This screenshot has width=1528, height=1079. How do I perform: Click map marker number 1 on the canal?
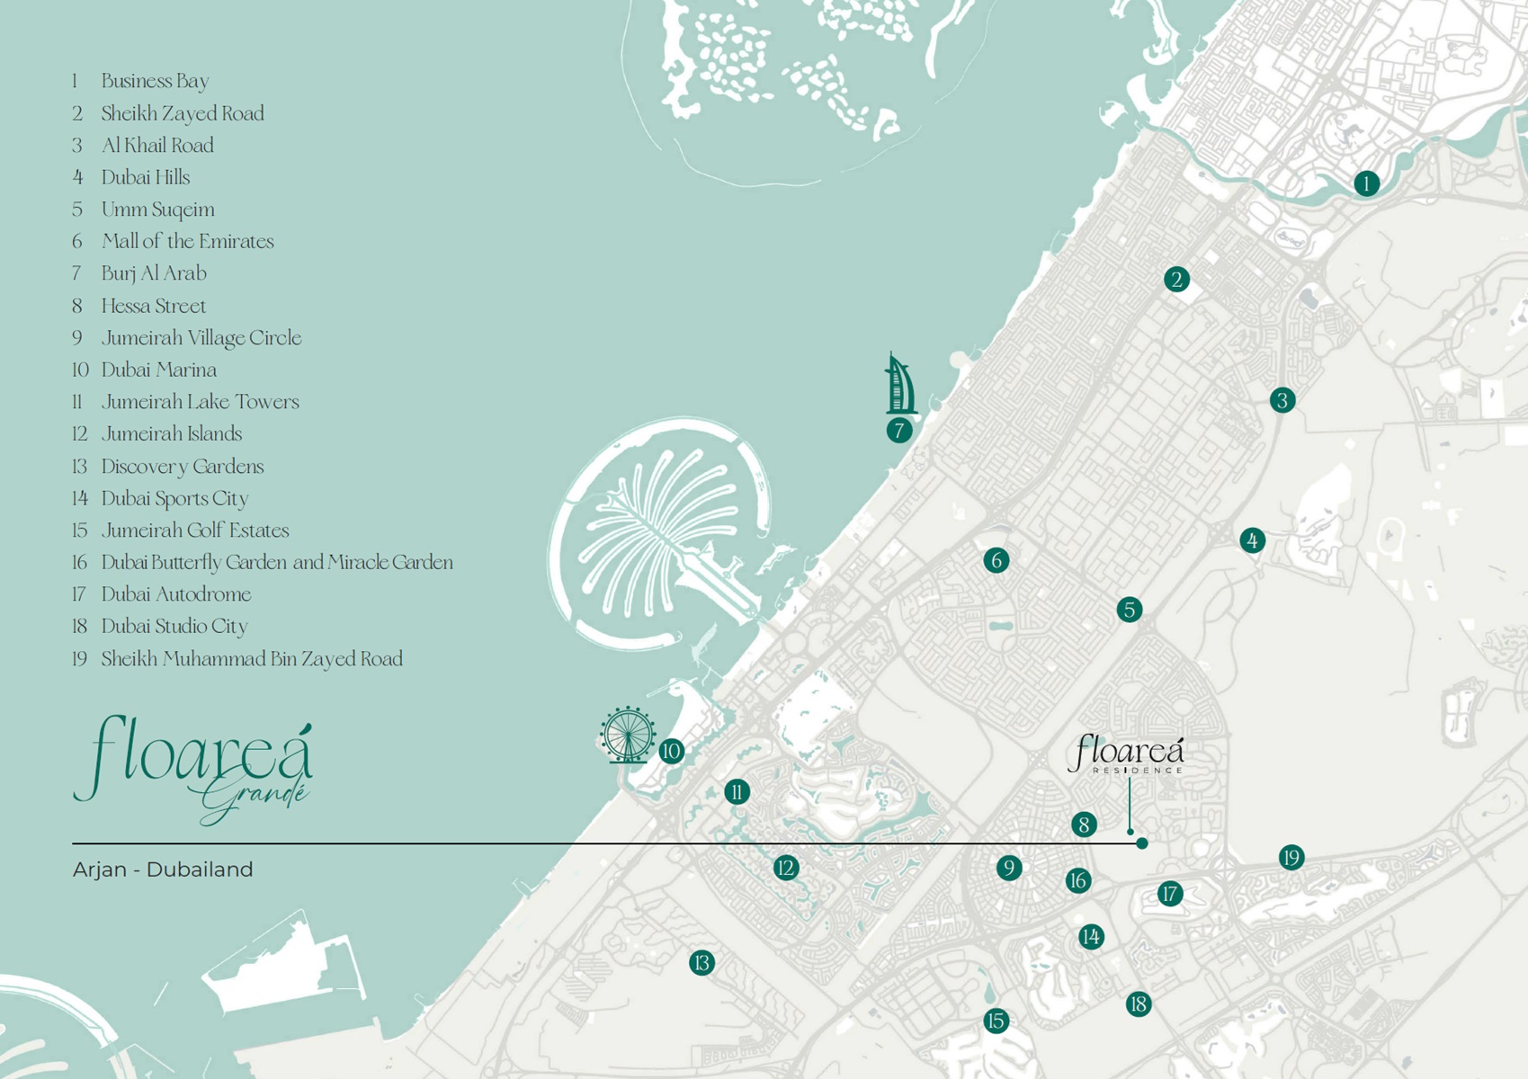[x=1366, y=183]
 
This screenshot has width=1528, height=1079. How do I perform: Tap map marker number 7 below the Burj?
[x=898, y=431]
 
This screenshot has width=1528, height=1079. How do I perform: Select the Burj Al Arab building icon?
[x=900, y=385]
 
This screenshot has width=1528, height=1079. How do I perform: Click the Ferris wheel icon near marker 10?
[x=628, y=735]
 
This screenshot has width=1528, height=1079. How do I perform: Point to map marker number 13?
[x=701, y=963]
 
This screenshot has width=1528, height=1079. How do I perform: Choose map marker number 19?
[x=1291, y=857]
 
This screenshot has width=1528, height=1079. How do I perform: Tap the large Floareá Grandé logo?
[x=193, y=769]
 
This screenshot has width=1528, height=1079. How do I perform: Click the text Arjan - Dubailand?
[x=163, y=869]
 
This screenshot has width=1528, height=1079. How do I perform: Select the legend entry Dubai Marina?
[x=158, y=370]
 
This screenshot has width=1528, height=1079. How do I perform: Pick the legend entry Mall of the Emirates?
[x=187, y=241]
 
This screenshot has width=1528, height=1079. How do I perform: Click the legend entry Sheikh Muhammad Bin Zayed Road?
[x=252, y=659]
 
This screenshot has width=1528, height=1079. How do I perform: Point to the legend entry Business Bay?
[x=155, y=81]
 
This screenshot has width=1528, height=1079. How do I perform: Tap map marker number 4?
[x=1252, y=540]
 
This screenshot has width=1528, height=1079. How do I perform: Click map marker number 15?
[x=995, y=1021]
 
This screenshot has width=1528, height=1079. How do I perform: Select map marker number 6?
[x=996, y=560]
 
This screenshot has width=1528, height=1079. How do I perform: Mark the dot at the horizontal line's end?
[x=1142, y=843]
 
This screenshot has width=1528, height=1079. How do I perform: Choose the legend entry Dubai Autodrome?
[x=176, y=594]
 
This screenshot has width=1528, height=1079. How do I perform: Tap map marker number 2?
[x=1176, y=280]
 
